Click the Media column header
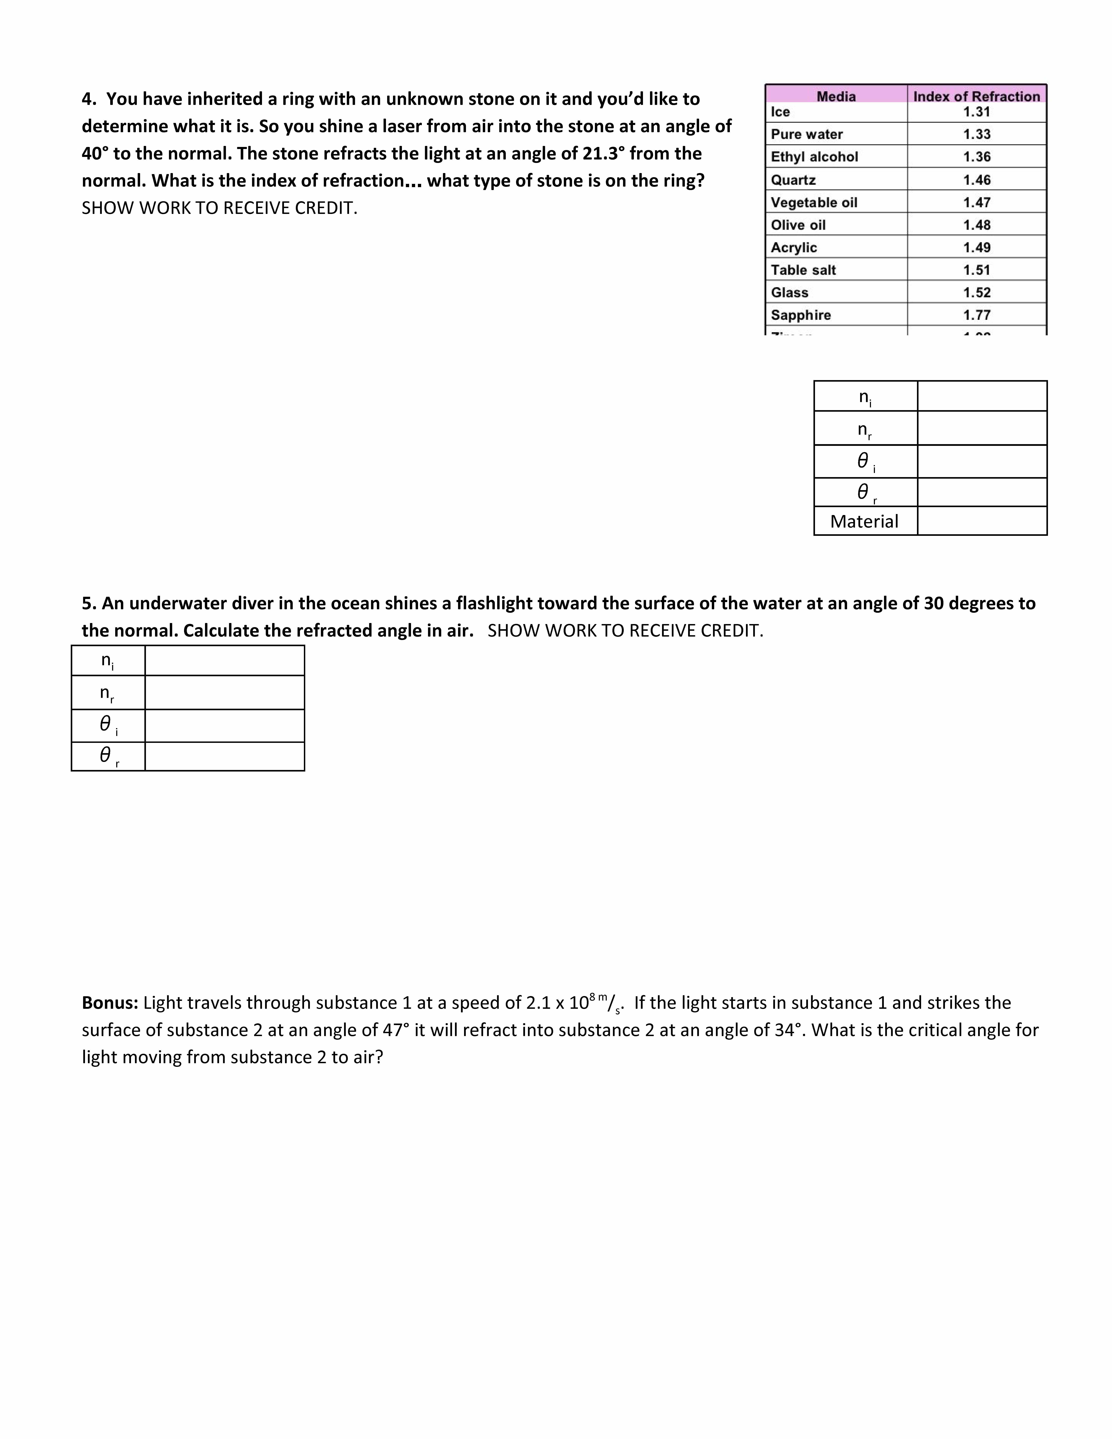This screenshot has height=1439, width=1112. (836, 96)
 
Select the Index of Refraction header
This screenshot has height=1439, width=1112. (976, 96)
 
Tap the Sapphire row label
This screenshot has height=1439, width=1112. (800, 315)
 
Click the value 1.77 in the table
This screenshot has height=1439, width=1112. (976, 315)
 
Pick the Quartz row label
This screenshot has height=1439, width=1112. (793, 180)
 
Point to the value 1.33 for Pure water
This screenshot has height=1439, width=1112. (976, 134)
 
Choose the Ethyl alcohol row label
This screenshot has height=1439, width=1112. (814, 157)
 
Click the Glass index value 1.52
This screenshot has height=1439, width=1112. (976, 293)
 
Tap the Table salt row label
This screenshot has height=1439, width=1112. (803, 270)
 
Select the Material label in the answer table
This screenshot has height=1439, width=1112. (864, 521)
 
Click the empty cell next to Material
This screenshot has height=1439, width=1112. (982, 521)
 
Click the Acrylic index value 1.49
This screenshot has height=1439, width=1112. (976, 248)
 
